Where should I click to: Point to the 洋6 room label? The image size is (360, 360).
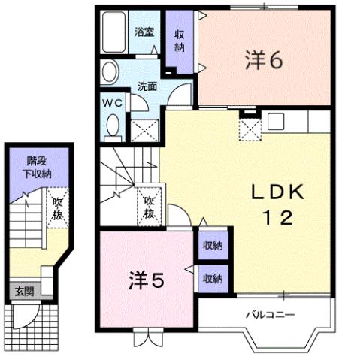[262, 59]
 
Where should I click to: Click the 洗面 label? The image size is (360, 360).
[147, 86]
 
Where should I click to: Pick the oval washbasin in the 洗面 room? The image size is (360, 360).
[110, 74]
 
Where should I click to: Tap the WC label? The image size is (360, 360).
[112, 102]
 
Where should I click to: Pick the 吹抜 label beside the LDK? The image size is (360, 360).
[149, 206]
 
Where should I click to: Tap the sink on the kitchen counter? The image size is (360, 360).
[274, 119]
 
